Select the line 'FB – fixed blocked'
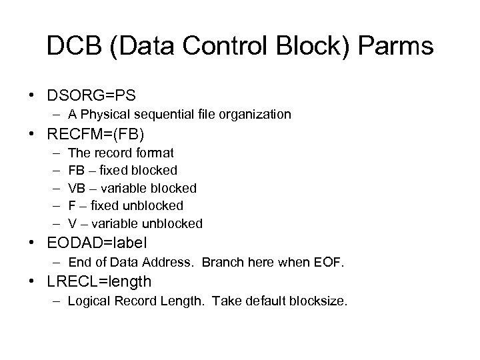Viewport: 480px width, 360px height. (x=123, y=171)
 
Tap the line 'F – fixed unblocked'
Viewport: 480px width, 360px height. (x=125, y=205)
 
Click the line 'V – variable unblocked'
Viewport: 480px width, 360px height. (x=135, y=223)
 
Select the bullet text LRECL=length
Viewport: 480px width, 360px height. (x=100, y=282)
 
